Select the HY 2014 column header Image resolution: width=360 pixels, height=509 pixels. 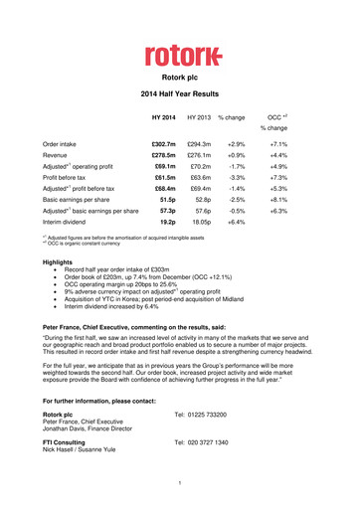[x=162, y=118]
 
